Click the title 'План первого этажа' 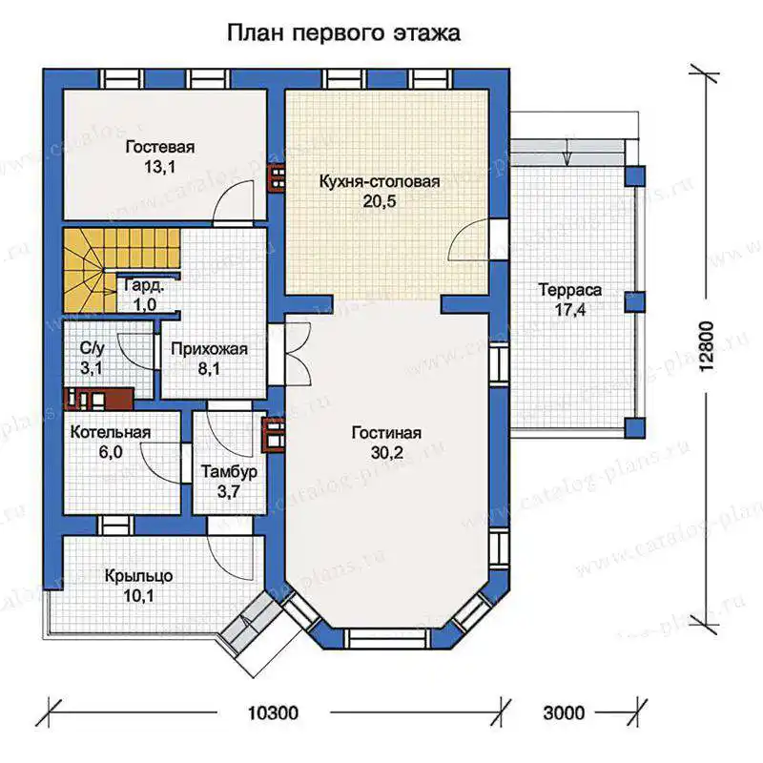point(343,33)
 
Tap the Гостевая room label point(160,147)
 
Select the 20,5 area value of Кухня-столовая point(380,201)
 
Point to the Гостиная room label point(387,433)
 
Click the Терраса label point(570,290)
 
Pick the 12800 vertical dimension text point(706,347)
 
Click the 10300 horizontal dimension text point(273,712)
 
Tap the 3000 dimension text point(564,712)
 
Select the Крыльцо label point(138,576)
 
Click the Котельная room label point(111,432)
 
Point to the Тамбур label point(229,472)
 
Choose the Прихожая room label point(209,349)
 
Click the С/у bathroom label point(92,348)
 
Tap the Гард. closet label point(144,285)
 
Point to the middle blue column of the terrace point(635,301)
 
